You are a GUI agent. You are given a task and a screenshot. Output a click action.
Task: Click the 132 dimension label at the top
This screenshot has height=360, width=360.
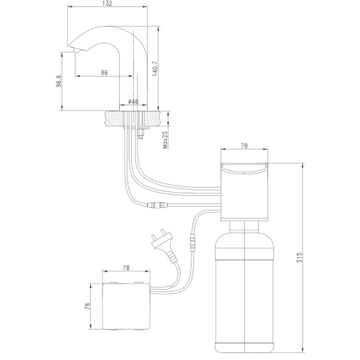tap(107, 4)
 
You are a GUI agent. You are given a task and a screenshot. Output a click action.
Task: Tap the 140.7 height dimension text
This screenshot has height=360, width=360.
tap(155, 69)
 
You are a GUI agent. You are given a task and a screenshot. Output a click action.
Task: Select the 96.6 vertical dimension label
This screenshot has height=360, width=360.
tap(58, 81)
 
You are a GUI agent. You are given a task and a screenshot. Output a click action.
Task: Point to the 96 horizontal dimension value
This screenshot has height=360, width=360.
tap(104, 72)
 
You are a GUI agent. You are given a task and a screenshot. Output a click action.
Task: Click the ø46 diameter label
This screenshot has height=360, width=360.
tap(133, 102)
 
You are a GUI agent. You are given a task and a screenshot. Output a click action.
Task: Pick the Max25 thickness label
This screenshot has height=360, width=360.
tap(165, 139)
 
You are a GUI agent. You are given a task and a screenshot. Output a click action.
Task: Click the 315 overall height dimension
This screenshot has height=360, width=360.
tap(299, 257)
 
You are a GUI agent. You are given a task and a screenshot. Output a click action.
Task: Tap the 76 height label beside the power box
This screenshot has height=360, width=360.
tap(87, 306)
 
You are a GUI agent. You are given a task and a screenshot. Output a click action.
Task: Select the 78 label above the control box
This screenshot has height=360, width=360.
tap(244, 146)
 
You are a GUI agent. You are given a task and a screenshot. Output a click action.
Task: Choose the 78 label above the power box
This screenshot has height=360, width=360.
tap(126, 268)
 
